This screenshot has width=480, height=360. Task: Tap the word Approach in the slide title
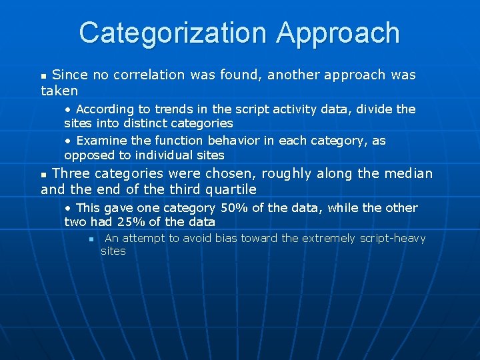[338, 33]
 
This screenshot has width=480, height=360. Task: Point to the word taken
[59, 91]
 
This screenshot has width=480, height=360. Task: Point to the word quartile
[231, 189]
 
